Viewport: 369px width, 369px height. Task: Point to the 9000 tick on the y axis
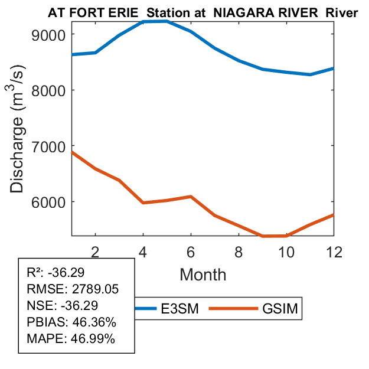click(50, 34)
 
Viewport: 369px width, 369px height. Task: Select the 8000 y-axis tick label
click(50, 90)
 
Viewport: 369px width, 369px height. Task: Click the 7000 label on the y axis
click(50, 146)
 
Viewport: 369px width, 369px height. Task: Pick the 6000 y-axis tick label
click(50, 202)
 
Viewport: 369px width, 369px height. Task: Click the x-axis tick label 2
click(95, 251)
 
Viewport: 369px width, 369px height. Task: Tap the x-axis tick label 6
click(191, 251)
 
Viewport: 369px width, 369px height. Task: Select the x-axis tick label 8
click(239, 251)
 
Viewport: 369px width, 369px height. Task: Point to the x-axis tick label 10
click(286, 251)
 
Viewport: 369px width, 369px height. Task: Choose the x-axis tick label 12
click(334, 251)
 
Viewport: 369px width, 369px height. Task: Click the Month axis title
click(203, 274)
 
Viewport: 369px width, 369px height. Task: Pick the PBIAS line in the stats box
click(71, 322)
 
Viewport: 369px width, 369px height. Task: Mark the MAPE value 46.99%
click(93, 339)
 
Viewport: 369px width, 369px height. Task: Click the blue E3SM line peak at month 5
click(166, 21)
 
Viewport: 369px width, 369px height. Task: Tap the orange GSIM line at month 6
click(191, 197)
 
